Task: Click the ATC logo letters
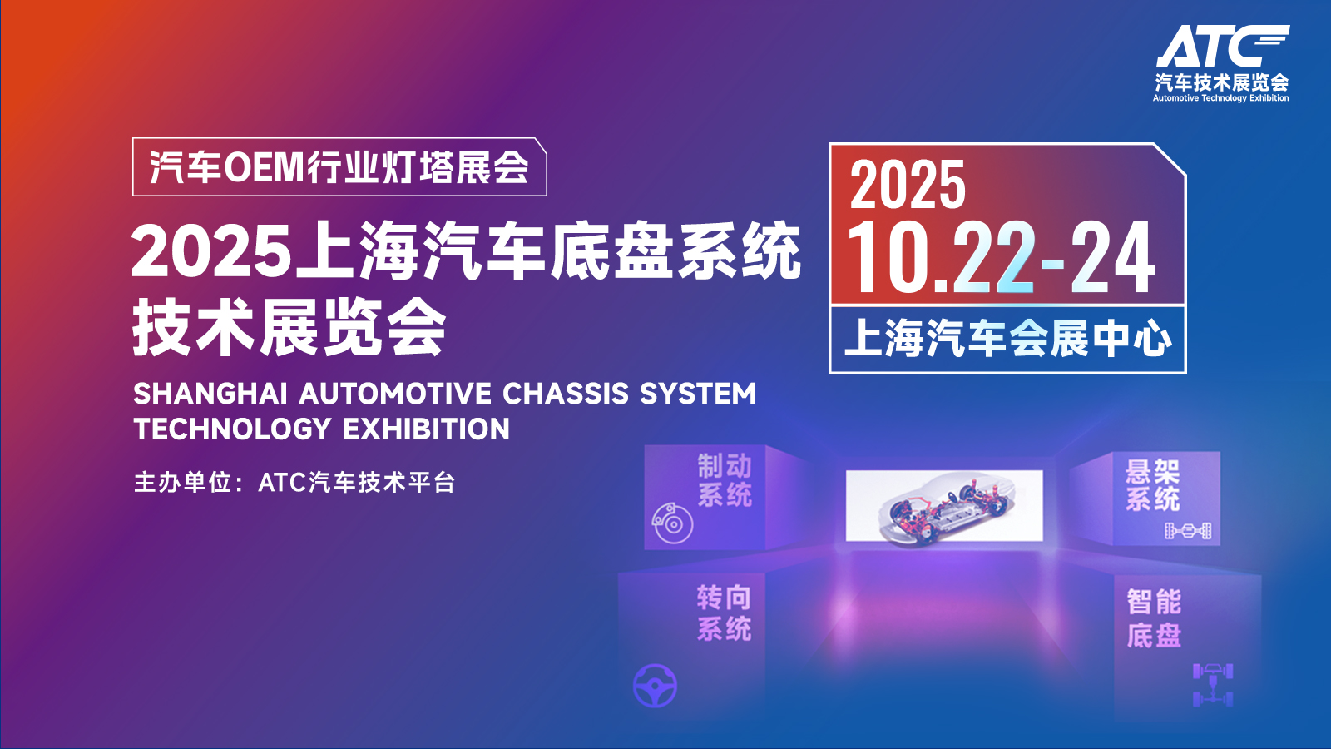click(x=1222, y=46)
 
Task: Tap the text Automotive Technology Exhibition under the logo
click(x=1221, y=98)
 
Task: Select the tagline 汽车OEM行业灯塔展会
click(x=339, y=167)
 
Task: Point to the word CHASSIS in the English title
click(x=565, y=394)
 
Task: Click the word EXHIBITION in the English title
click(x=426, y=429)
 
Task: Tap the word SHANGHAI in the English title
click(x=210, y=394)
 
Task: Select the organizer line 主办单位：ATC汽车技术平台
click(x=294, y=482)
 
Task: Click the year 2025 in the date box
click(x=908, y=185)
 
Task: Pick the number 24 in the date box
click(x=1113, y=257)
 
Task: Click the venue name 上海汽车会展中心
click(x=1008, y=339)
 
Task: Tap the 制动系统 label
click(x=725, y=481)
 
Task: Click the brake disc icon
click(x=672, y=523)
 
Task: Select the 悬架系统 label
click(x=1153, y=484)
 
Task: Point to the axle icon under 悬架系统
click(x=1189, y=530)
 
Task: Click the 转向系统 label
click(x=725, y=613)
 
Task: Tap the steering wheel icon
click(x=655, y=686)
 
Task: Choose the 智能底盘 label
click(x=1154, y=618)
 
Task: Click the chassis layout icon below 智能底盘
click(x=1213, y=686)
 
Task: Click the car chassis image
click(x=944, y=506)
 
